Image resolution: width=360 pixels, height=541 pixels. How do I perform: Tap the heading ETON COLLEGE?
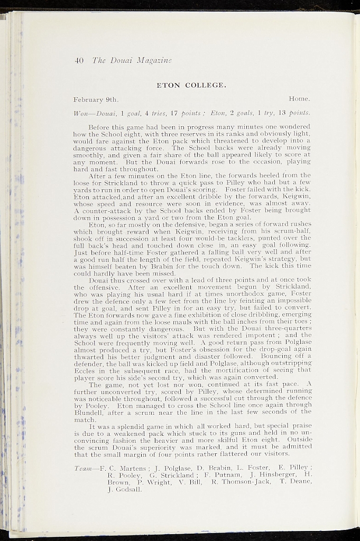pyautogui.click(x=191, y=85)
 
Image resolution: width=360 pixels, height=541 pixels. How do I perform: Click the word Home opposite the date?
pyautogui.click(x=299, y=99)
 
